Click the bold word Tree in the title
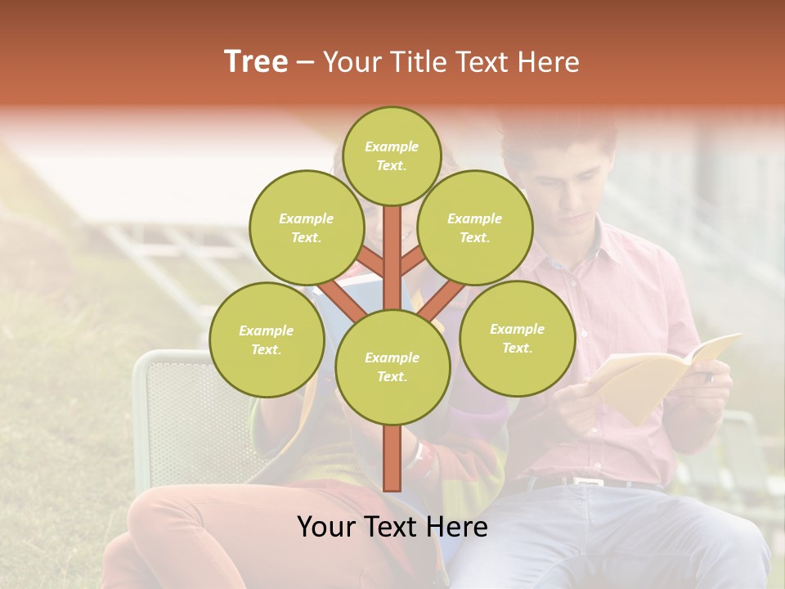(x=256, y=61)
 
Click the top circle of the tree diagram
(x=392, y=155)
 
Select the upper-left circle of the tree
(x=307, y=228)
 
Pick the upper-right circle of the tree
(x=475, y=228)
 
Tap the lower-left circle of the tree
(x=267, y=340)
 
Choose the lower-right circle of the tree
(x=517, y=339)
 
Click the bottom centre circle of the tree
(x=392, y=367)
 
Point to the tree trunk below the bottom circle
(x=392, y=458)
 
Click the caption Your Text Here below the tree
(x=392, y=527)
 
